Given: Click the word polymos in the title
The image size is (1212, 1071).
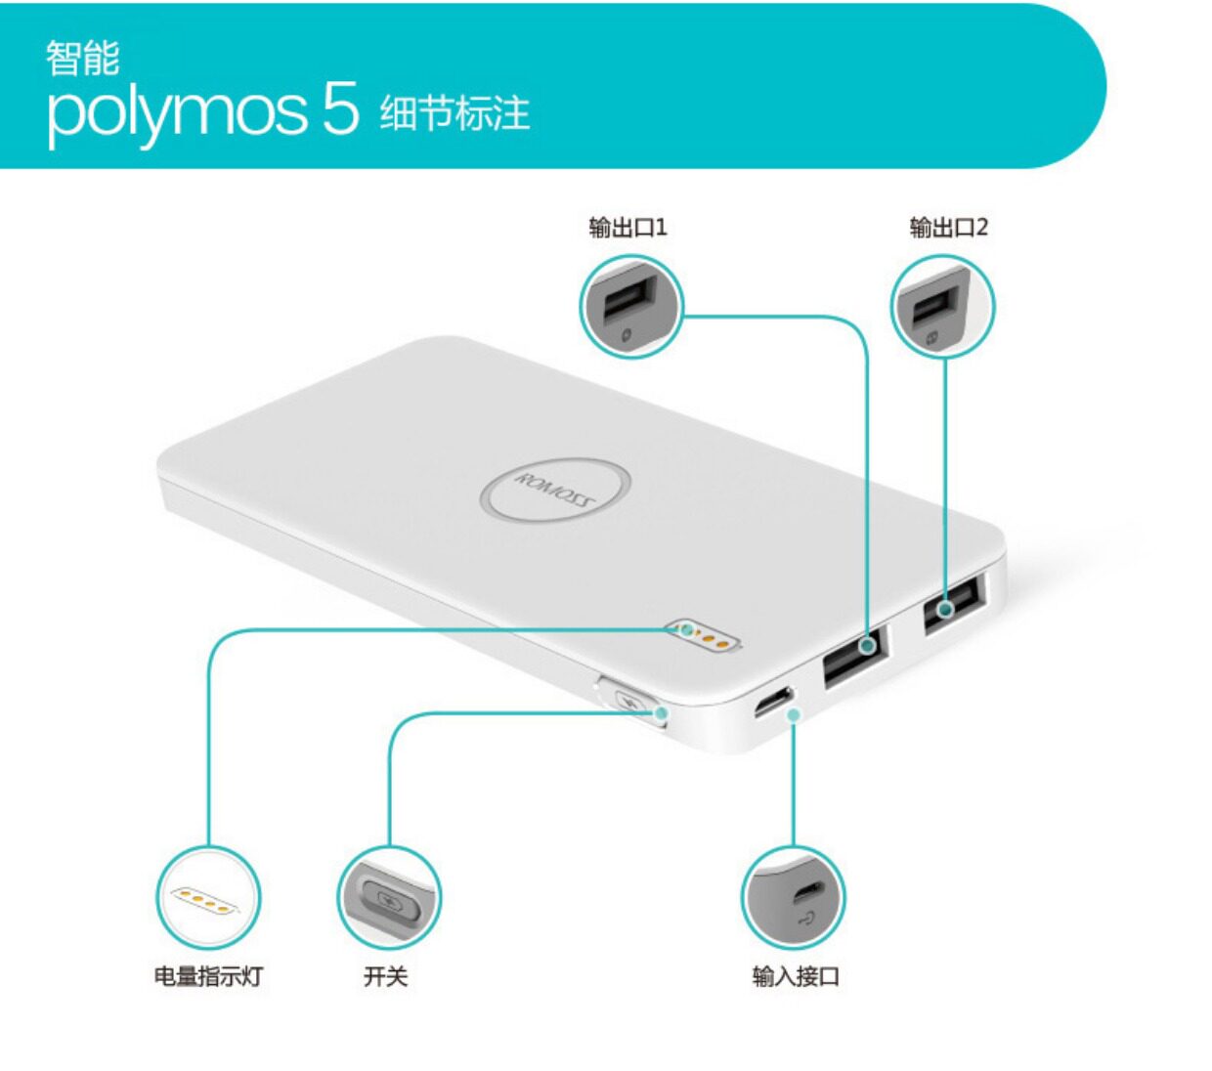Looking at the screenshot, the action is (176, 113).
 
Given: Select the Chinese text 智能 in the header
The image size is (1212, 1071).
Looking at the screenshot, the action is (82, 58).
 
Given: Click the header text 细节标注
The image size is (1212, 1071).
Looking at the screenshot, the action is (454, 113).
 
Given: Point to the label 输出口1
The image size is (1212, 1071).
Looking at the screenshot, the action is (628, 228).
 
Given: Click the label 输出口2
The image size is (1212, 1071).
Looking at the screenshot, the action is (948, 228).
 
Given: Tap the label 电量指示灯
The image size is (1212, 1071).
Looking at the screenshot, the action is (208, 975).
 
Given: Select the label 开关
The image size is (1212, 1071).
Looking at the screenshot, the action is (385, 975).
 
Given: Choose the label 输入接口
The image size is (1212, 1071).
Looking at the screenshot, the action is (796, 975).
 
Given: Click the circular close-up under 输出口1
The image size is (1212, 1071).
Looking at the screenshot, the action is (631, 307).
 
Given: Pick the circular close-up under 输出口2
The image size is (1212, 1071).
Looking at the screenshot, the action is (942, 307).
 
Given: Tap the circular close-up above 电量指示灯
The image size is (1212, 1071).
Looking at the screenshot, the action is (208, 897).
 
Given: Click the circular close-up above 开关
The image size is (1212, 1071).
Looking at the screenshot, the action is (389, 897).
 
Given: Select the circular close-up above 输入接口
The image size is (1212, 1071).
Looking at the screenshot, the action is (793, 897).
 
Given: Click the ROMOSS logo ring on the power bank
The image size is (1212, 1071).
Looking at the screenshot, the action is (554, 490).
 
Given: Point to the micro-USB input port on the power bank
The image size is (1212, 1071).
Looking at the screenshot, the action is (773, 702).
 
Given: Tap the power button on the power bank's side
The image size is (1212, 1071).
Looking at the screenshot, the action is (631, 703).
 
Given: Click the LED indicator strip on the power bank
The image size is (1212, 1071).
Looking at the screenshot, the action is (703, 636).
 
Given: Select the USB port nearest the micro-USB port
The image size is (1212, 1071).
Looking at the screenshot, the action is (854, 656).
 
